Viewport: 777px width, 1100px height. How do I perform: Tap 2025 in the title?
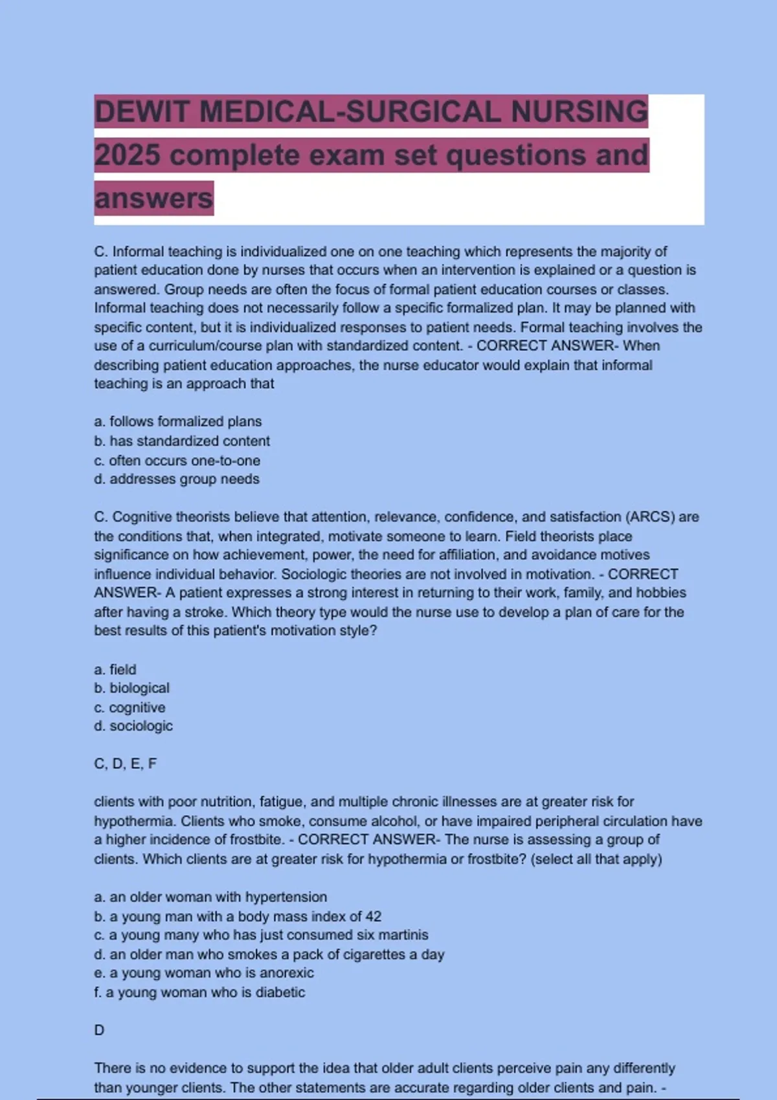pyautogui.click(x=128, y=155)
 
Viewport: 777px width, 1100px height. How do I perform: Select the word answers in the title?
pyautogui.click(x=153, y=199)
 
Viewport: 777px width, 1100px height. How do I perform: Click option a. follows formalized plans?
pyautogui.click(x=178, y=422)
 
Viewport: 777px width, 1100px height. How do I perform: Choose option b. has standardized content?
pyautogui.click(x=182, y=441)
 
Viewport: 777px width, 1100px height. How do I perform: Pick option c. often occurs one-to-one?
pyautogui.click(x=177, y=461)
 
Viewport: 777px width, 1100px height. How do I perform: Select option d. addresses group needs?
pyautogui.click(x=177, y=479)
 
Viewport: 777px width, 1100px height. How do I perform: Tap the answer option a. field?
pyautogui.click(x=115, y=670)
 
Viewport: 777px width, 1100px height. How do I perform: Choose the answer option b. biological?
pyautogui.click(x=132, y=688)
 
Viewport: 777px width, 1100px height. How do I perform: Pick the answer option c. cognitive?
pyautogui.click(x=129, y=708)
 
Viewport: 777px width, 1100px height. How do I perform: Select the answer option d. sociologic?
pyautogui.click(x=133, y=727)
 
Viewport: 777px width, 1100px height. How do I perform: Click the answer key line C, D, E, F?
pyautogui.click(x=126, y=764)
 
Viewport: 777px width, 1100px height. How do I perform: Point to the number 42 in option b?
pyautogui.click(x=373, y=917)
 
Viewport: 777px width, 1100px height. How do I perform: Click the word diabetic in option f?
pyautogui.click(x=280, y=993)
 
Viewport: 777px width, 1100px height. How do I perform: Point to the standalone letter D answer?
pyautogui.click(x=99, y=1030)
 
